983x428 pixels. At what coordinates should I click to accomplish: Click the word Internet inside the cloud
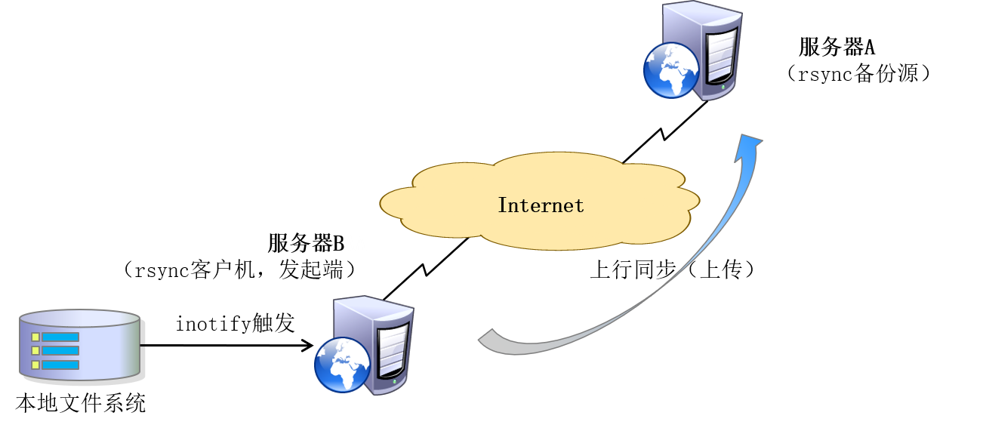click(541, 205)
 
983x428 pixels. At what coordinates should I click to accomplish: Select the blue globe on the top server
click(671, 69)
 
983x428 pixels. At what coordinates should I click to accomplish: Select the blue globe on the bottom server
click(342, 364)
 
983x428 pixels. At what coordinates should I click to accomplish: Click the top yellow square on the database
click(35, 337)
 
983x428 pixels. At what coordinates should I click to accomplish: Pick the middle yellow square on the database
click(35, 351)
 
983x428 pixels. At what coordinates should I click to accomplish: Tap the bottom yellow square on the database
click(35, 365)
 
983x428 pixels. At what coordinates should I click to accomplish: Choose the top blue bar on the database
click(60, 337)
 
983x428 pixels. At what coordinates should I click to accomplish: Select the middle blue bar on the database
click(60, 351)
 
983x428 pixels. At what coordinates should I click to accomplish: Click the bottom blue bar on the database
click(60, 365)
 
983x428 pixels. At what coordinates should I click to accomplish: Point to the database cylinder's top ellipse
click(79, 318)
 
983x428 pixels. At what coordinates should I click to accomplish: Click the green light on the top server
click(723, 87)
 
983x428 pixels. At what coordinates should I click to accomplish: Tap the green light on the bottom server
click(394, 382)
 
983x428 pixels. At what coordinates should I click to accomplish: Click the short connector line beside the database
click(143, 345)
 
